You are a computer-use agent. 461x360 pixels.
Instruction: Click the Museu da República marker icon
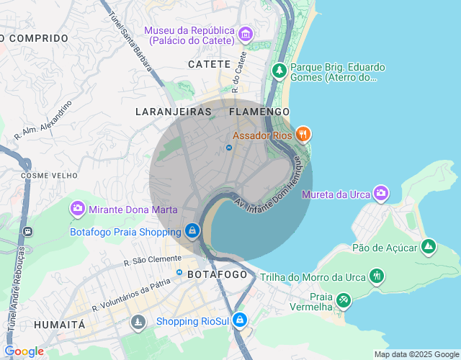click(x=245, y=34)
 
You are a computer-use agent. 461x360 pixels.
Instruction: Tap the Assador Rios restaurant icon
click(x=303, y=134)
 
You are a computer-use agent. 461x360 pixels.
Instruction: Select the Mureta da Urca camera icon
click(x=380, y=193)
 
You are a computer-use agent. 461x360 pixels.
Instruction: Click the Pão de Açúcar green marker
click(x=429, y=247)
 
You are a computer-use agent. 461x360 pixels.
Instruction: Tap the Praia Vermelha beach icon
click(x=344, y=299)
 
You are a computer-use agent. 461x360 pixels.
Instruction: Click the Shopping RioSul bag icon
click(x=240, y=320)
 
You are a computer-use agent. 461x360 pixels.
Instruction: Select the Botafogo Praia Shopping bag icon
click(x=192, y=231)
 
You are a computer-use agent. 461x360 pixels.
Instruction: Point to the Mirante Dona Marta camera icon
click(x=77, y=209)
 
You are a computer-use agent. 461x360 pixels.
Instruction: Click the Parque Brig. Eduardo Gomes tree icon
click(x=279, y=71)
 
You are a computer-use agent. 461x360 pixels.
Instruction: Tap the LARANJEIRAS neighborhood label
click(x=174, y=112)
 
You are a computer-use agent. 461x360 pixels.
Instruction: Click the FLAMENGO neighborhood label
click(x=259, y=112)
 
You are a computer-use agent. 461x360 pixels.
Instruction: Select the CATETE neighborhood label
click(x=209, y=65)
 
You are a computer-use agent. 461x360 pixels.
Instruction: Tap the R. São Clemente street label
click(x=153, y=260)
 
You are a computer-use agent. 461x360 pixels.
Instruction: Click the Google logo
click(x=24, y=351)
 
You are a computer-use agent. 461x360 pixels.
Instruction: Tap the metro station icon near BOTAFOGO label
click(x=179, y=272)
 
